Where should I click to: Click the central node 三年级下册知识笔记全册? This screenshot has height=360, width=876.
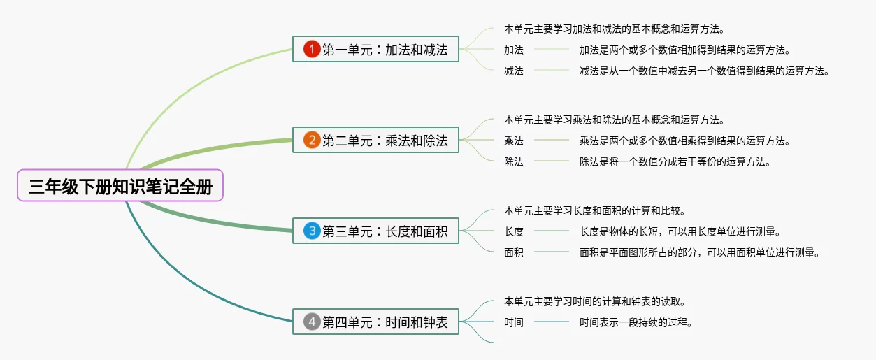120,186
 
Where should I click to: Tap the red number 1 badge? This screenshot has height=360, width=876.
312,50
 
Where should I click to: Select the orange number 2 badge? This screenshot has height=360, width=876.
312,141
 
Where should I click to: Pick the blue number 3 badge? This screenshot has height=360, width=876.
312,231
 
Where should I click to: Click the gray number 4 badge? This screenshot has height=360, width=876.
312,322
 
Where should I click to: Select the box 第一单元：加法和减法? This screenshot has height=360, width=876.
375,50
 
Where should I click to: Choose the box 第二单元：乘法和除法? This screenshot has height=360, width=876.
375,141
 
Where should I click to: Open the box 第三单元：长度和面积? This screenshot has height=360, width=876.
375,231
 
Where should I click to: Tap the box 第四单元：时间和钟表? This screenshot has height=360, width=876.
375,322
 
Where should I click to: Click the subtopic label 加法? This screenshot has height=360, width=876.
514,50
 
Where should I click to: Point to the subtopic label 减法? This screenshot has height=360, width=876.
514,71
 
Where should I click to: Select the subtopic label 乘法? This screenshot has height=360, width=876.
514,141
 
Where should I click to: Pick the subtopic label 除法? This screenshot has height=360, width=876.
514,161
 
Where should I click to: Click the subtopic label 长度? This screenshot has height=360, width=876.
514,231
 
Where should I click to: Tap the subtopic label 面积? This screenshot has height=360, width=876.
514,252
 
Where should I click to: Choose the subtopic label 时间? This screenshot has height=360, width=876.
514,322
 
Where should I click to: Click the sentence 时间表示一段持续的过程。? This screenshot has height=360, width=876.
636,322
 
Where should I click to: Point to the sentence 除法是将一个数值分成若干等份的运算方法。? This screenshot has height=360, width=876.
675,161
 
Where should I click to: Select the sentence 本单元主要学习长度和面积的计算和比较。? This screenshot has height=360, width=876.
594,210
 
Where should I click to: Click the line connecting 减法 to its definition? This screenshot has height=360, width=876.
552,70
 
